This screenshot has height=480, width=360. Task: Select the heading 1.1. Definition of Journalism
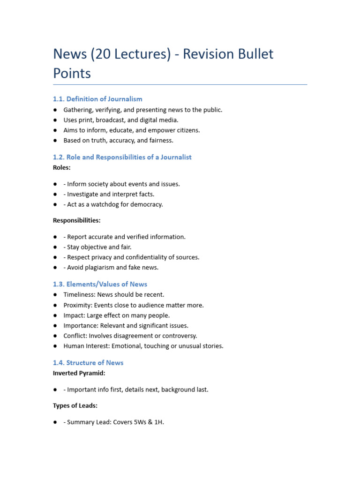coord(97,99)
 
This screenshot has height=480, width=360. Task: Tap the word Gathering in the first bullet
coord(78,110)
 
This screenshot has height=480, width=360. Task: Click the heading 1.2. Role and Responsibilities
coord(122,157)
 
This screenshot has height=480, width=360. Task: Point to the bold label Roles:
coord(62,167)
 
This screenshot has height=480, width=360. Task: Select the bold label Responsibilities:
coord(76,220)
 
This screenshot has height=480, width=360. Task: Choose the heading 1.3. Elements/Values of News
coord(100,284)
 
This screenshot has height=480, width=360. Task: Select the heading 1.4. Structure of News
coord(88,363)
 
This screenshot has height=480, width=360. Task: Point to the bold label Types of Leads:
coord(75,405)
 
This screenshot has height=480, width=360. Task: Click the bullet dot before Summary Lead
coord(55,422)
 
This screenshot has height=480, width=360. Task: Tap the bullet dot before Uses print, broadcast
coord(55,120)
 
